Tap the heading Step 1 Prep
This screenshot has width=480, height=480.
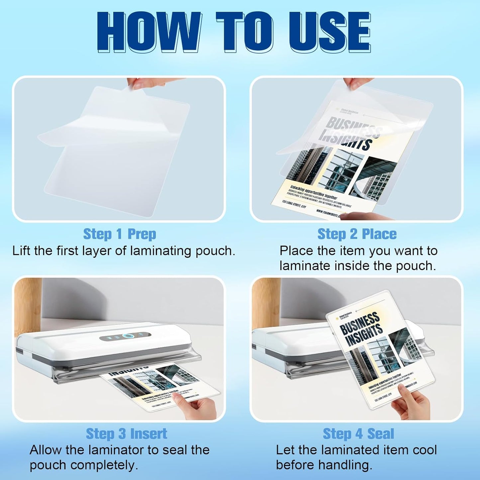pos(119,234)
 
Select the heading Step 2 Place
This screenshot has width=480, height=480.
pos(357,234)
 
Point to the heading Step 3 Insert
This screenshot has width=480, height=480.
pos(126,434)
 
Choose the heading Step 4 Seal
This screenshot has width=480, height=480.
pos(358,434)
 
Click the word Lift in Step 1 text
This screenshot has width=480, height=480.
pos(22,251)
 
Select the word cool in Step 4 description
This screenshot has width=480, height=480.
pos(425,450)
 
